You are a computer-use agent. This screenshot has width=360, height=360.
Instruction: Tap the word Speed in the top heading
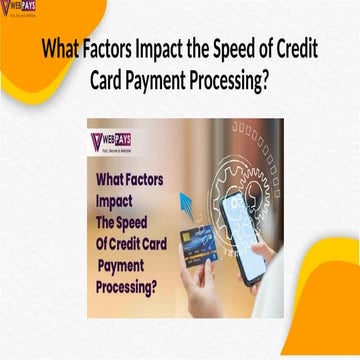[x=226, y=50]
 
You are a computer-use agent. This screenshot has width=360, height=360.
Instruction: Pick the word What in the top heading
[x=57, y=50]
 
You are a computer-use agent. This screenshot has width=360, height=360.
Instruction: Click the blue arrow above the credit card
[x=187, y=206]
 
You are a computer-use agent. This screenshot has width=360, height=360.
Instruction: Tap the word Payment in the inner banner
[x=122, y=265]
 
